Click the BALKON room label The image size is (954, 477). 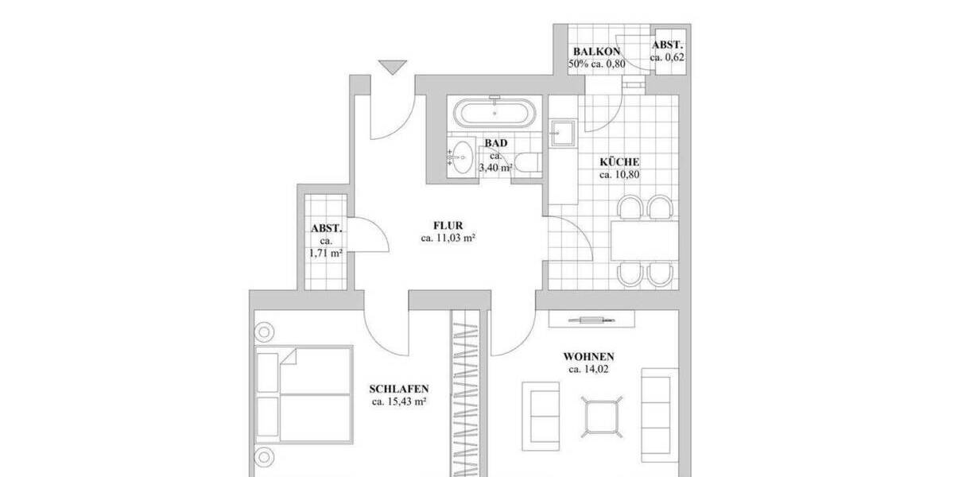(595, 51)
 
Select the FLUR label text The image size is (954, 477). (448, 224)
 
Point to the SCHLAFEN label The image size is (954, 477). (399, 389)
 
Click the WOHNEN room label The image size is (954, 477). (588, 357)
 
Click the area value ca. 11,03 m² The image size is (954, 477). (448, 238)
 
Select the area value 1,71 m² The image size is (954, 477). (326, 254)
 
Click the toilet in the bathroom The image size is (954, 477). (526, 161)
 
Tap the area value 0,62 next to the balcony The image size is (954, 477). (667, 57)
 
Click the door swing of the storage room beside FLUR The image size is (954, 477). (370, 235)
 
